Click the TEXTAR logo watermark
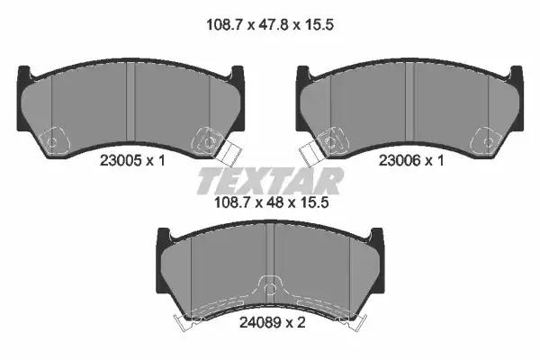270,181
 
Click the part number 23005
121,160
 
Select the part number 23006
400,160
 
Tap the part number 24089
260,322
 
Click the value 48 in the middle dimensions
274,202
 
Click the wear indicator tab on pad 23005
229,153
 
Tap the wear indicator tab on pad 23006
311,153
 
